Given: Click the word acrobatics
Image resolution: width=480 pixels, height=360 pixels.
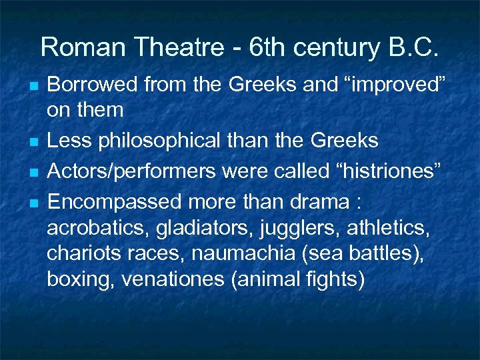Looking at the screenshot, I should (x=96, y=229).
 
